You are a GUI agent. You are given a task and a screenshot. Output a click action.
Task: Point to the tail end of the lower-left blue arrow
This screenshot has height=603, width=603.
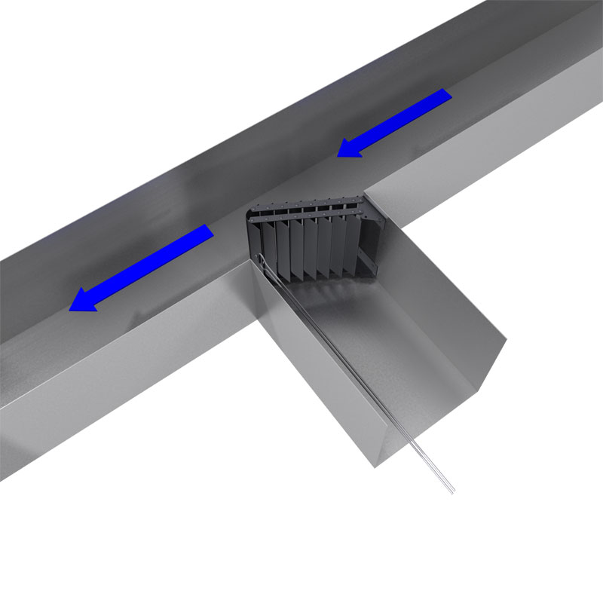(x=209, y=231)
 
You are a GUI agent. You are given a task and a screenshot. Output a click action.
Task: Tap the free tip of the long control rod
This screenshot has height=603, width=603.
(x=452, y=493)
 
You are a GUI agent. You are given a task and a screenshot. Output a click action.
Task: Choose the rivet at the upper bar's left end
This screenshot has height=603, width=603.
(x=256, y=214)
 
